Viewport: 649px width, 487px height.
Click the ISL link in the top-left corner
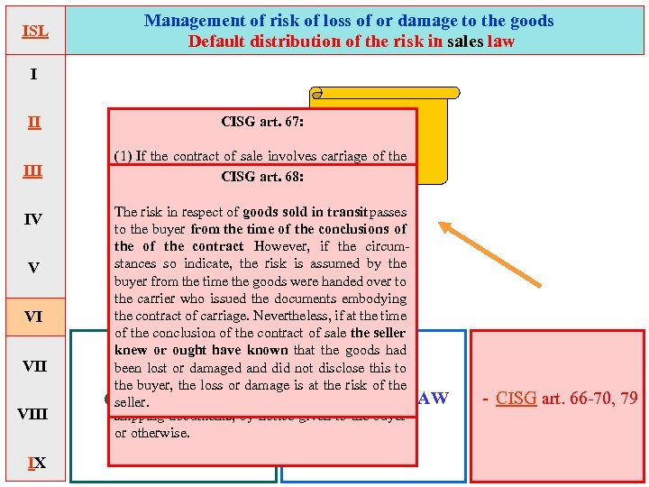click(x=34, y=32)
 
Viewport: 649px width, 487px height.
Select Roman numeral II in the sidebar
click(x=33, y=122)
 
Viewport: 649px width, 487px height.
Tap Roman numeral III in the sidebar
click(x=33, y=170)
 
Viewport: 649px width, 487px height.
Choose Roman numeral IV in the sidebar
click(x=33, y=219)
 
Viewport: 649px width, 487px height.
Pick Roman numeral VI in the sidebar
click(x=33, y=317)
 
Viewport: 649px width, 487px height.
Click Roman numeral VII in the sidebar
click(x=33, y=366)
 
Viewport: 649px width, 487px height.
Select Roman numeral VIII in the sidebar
click(x=33, y=414)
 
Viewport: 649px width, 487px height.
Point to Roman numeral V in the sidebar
click(x=33, y=268)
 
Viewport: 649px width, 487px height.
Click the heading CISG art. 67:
click(x=262, y=121)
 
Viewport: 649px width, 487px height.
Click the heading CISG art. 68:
click(x=262, y=177)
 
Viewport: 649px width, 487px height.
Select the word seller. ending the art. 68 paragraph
click(x=132, y=402)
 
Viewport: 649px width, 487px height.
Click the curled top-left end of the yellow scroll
click(x=316, y=93)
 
